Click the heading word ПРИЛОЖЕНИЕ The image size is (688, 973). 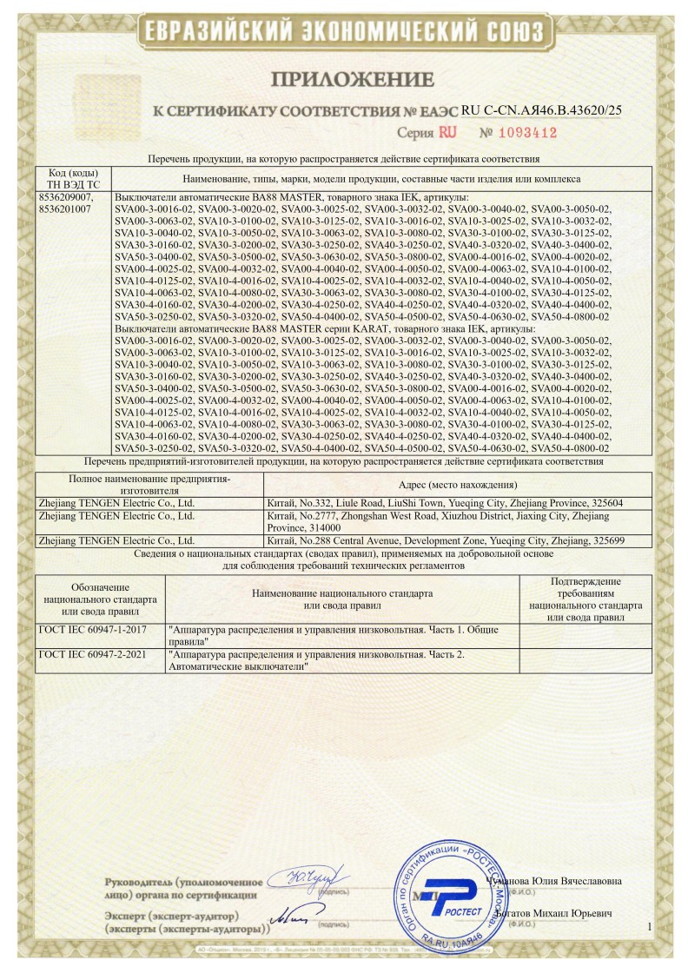pyautogui.click(x=343, y=80)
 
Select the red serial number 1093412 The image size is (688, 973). pyautogui.click(x=518, y=133)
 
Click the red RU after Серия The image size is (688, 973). pyautogui.click(x=448, y=133)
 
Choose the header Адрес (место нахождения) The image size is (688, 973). pyautogui.click(x=456, y=484)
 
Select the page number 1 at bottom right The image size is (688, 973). pyautogui.click(x=649, y=928)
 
